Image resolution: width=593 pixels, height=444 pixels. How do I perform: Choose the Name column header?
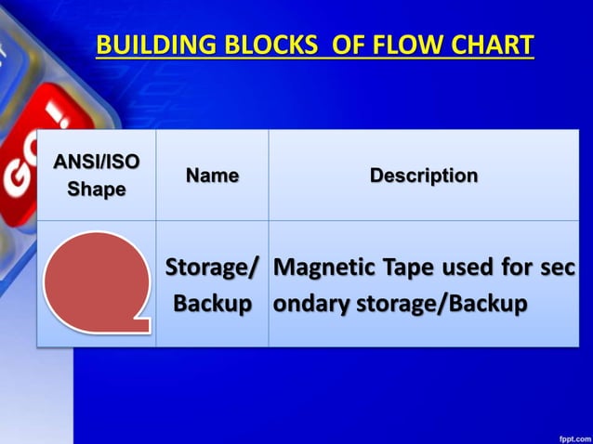pos(212,175)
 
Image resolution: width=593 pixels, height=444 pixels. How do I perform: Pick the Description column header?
pos(424,175)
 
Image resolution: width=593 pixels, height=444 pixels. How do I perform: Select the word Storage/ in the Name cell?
pos(212,269)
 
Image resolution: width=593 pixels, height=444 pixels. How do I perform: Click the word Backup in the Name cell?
pos(213,304)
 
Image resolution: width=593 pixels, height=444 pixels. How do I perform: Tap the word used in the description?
pos(467,269)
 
